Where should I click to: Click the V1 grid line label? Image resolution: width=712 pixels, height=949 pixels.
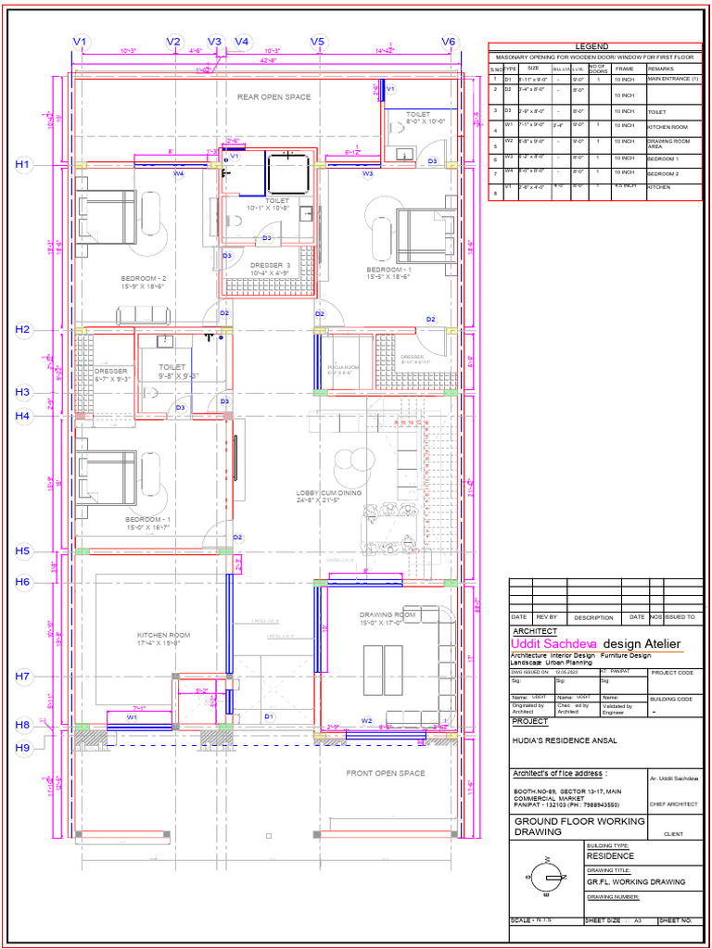[x=81, y=42]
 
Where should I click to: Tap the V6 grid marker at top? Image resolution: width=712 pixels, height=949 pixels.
[x=449, y=42]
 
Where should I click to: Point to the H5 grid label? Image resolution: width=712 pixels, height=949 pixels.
[x=23, y=551]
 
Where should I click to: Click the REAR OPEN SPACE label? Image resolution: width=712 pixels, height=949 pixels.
[x=274, y=96]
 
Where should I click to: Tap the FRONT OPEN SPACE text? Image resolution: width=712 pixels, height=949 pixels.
[x=386, y=773]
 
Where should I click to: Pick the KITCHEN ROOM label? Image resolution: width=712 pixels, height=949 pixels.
[x=163, y=635]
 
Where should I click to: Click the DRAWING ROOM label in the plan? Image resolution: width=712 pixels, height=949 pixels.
[x=388, y=615]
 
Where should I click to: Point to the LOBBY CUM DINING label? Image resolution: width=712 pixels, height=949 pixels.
[x=328, y=493]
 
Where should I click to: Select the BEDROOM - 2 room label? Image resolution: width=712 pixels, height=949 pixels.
[x=144, y=278]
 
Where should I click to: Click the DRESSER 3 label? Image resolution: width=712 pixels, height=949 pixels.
[x=271, y=265]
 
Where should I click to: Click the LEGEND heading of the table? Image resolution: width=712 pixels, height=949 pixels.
[x=591, y=46]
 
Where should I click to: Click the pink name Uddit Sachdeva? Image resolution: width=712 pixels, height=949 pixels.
[x=553, y=643]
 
